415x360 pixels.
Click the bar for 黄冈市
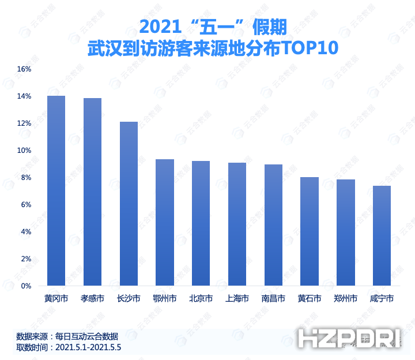coord(56,190)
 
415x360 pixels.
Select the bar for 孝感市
coord(92,192)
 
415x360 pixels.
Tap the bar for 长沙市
coord(129,204)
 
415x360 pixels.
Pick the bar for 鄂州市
coord(165,222)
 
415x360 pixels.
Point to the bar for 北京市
coord(201,223)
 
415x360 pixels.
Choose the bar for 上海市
coord(237,224)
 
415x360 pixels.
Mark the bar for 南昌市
coord(273,225)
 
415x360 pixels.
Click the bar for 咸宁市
coord(382,235)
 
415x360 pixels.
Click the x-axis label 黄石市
coord(310,299)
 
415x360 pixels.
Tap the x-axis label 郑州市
coord(346,299)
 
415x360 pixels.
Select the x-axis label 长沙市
coord(129,299)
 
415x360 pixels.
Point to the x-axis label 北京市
coord(201,299)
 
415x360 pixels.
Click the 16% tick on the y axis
coord(24,69)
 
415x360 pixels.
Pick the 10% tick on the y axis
coord(24,151)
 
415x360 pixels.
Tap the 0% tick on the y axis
coord(26,286)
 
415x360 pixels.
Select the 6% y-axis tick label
coord(26,205)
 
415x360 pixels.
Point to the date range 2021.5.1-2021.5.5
coord(88,347)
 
